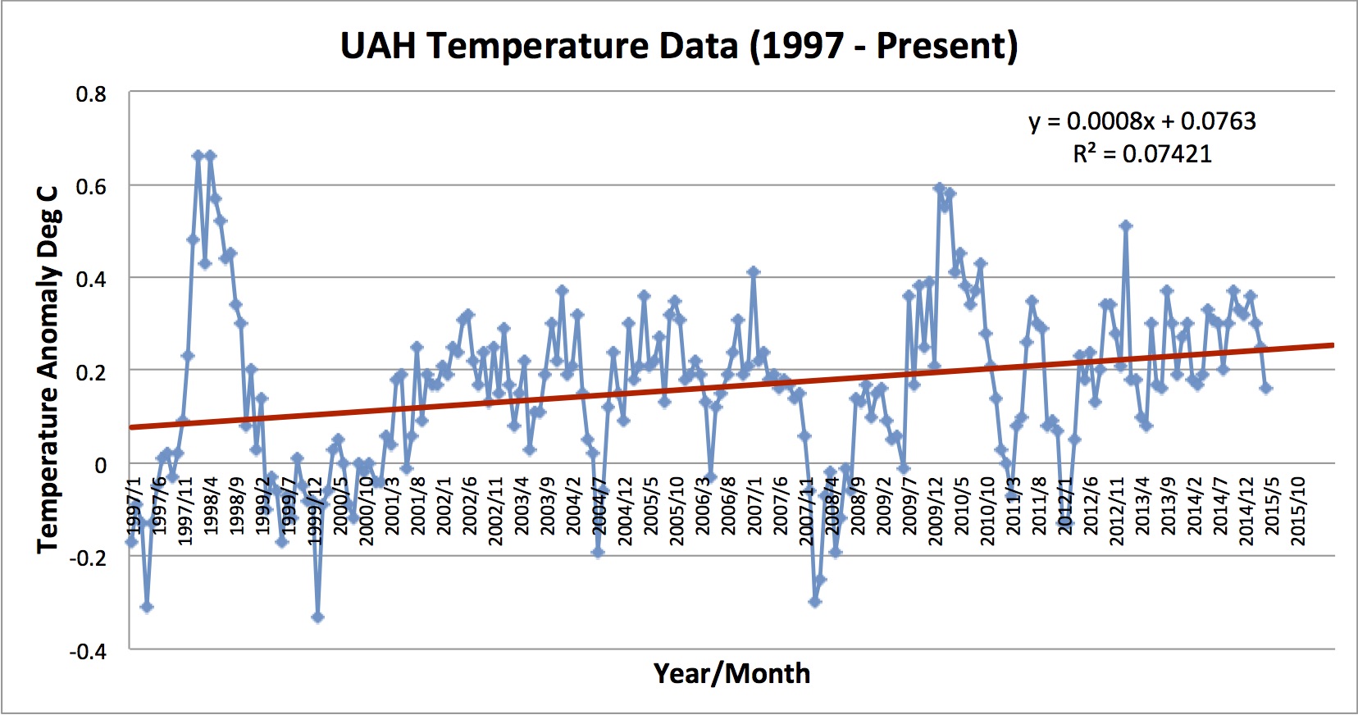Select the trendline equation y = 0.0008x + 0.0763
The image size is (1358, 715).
1142,121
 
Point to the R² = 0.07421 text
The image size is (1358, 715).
1142,154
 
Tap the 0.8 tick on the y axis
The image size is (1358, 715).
91,94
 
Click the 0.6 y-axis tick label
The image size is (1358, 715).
91,187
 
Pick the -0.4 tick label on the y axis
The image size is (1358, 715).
88,652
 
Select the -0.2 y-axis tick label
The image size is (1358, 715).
88,558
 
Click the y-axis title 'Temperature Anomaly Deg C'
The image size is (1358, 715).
48,369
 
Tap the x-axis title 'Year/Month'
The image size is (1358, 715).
731,673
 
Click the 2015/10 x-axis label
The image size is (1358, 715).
1297,510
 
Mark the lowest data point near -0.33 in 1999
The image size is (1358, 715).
317,617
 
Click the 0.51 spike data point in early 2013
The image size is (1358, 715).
1125,225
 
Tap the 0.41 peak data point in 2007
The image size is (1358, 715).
753,271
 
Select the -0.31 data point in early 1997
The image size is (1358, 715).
147,607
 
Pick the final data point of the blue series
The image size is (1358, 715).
1266,388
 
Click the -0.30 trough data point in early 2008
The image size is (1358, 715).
814,602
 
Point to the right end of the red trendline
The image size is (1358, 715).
1333,345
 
